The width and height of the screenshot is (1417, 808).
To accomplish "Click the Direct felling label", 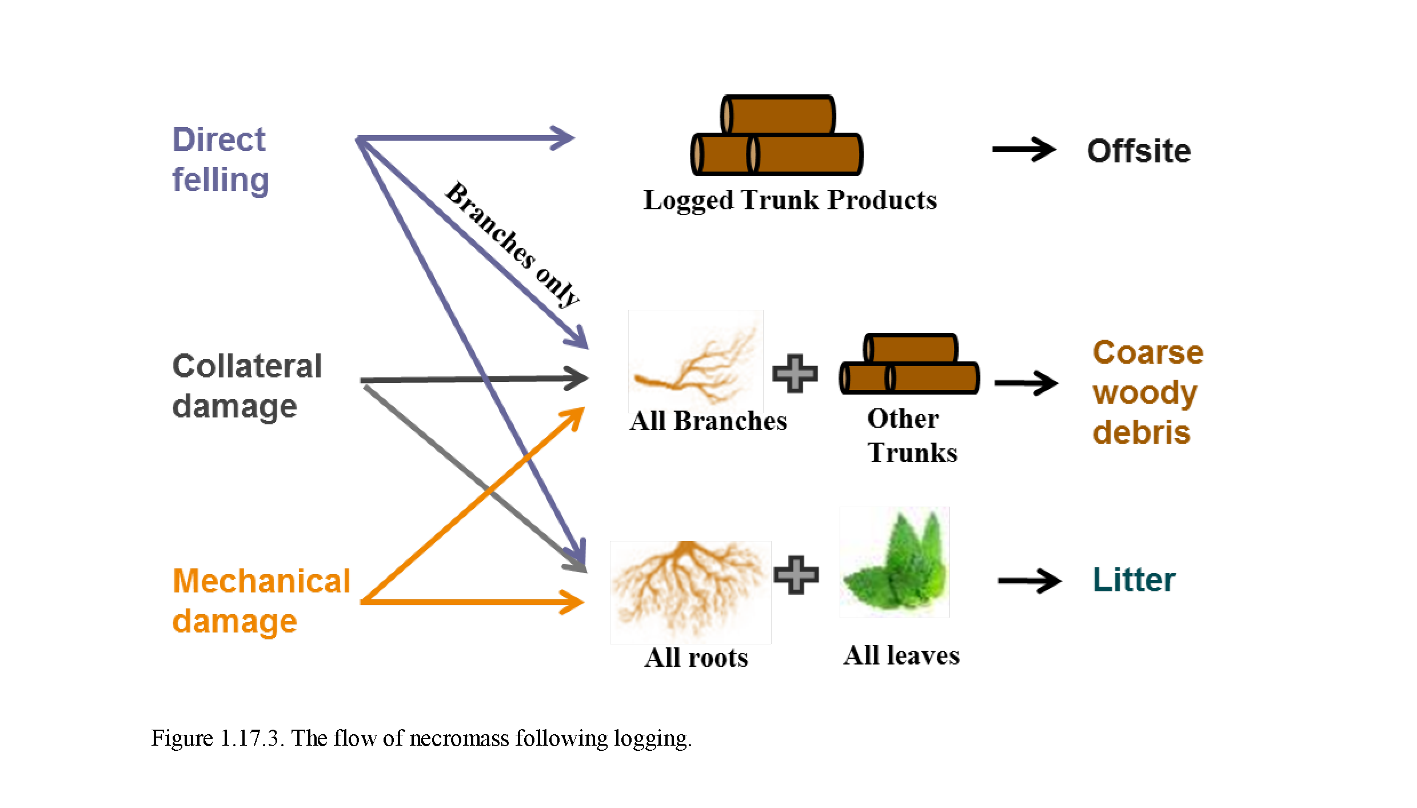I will click(x=221, y=160).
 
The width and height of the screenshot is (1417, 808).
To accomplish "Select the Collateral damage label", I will click(x=247, y=386).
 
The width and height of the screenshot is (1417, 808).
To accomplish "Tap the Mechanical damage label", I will click(x=261, y=600).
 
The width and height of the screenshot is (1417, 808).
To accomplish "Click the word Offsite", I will click(x=1139, y=151).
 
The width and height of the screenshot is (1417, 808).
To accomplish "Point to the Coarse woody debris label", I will click(x=1148, y=392).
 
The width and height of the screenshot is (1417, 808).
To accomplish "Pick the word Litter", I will click(x=1134, y=580).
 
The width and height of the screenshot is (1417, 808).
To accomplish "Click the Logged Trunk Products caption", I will click(x=790, y=200).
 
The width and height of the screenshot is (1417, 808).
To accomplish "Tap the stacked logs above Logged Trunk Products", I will click(x=777, y=136).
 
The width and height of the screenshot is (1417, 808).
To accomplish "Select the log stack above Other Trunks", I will click(x=909, y=364).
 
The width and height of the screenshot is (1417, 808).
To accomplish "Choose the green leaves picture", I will click(x=895, y=563).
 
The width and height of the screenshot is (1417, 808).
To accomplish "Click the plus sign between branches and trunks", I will click(x=795, y=374).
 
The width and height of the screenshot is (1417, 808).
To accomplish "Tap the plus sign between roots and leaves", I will click(x=796, y=575).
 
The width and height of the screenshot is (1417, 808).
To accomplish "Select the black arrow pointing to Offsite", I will click(x=1024, y=150).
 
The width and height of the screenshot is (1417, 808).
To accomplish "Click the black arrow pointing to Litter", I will click(x=1029, y=582).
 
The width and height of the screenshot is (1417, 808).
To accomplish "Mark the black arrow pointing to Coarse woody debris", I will click(x=1026, y=383).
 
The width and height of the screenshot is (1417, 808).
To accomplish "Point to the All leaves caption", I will click(x=901, y=655).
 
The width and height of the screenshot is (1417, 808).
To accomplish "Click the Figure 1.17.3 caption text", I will click(x=421, y=738).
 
